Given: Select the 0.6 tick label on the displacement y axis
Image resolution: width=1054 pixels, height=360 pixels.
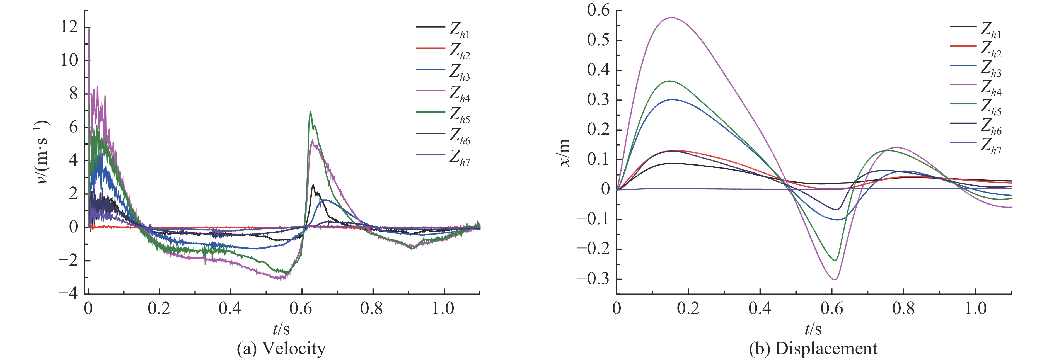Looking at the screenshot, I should pos(598,10).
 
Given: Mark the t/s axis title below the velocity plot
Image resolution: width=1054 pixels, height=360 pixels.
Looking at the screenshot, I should pos(281,328).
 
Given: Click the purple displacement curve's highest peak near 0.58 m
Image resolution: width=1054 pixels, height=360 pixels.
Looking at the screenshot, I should pos(671,18).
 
